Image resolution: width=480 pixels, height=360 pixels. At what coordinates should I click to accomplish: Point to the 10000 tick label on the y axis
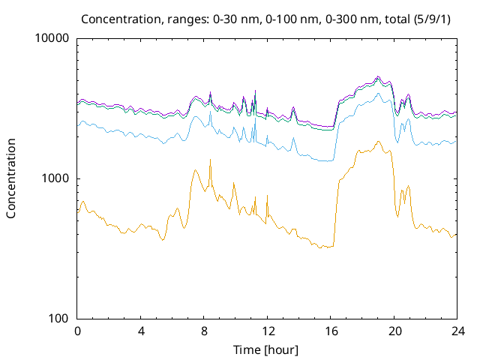click(52, 39)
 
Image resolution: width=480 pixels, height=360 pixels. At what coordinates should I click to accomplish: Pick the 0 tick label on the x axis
click(77, 331)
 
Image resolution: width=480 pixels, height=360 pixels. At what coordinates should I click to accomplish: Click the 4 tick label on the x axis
click(141, 331)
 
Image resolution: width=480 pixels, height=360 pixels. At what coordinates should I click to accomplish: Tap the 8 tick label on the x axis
click(204, 331)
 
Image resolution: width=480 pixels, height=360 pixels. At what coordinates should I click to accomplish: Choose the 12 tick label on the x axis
click(268, 331)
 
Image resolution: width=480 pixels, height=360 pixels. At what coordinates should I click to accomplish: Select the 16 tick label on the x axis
click(331, 331)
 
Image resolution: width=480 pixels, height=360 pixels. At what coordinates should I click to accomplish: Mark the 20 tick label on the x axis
click(394, 331)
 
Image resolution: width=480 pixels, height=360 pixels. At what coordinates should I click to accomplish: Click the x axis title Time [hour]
click(267, 349)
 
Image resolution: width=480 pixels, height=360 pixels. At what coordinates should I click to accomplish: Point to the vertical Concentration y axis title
click(11, 178)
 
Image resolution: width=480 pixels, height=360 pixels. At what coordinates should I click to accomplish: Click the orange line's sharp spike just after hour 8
click(210, 159)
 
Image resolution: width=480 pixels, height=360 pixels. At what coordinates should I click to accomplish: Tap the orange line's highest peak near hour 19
click(378, 141)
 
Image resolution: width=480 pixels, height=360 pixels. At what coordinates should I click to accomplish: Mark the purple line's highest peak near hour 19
click(378, 76)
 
